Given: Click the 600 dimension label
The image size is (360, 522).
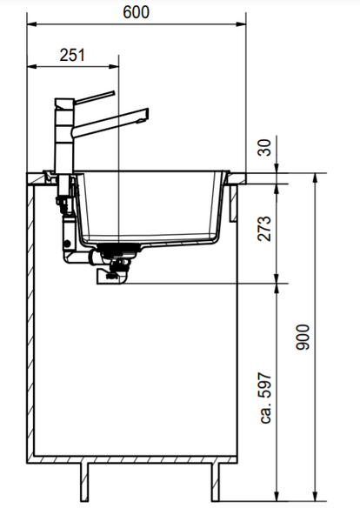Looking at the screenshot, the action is [136, 13].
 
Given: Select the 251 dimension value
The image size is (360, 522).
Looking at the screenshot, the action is [72, 55].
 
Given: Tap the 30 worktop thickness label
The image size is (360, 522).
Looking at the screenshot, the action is [265, 148].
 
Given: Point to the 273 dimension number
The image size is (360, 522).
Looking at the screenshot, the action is [265, 229].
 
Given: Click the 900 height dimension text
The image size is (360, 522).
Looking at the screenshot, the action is [303, 337].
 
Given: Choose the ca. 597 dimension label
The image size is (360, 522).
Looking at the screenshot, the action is [265, 398].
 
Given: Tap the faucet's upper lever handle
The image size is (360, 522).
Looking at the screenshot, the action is [94, 97].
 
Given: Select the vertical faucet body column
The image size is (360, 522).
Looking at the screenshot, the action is [64, 137].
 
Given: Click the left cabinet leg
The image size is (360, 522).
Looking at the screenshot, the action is [85, 482].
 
